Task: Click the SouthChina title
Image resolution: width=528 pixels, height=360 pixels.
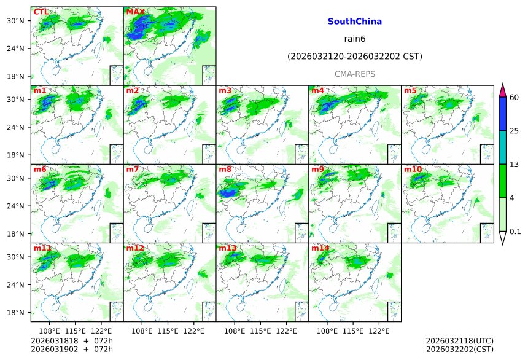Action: [x=355, y=22]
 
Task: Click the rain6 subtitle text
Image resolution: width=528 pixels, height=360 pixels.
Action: [x=355, y=39]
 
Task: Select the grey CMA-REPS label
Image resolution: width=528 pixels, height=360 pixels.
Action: [x=355, y=74]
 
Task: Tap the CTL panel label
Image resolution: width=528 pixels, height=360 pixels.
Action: [x=41, y=12]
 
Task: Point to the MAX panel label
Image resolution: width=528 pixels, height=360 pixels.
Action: [x=135, y=12]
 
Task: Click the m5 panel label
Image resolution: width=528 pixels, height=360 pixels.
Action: [x=410, y=91]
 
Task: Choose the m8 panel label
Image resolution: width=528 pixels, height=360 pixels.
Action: [x=225, y=170]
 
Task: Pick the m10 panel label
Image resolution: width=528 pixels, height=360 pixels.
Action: [x=413, y=170]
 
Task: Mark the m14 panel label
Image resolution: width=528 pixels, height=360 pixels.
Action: [x=320, y=248]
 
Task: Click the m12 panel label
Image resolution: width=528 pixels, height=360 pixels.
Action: [x=135, y=248]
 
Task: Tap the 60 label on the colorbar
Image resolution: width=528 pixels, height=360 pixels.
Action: [x=514, y=97]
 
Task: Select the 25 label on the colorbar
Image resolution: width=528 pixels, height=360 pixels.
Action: [x=514, y=131]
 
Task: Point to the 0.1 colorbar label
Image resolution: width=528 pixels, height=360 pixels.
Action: [x=515, y=232]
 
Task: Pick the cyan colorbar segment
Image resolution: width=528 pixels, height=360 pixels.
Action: [x=502, y=147]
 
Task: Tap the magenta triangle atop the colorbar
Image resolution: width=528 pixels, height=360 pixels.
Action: [x=502, y=90]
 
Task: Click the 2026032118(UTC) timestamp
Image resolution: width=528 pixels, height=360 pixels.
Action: [x=459, y=341]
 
